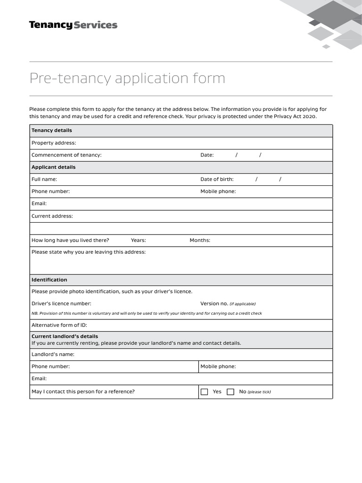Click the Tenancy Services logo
coord(73,25)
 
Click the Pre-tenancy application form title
coord(127,78)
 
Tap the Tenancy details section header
coord(52,131)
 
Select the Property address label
coord(54,143)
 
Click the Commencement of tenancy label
coord(66,155)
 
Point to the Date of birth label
coord(217,179)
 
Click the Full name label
coord(44,179)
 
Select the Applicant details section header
coord(53,167)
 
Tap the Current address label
coord(52,216)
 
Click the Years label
coord(138,241)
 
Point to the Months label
coord(200,241)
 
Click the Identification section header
coord(49,280)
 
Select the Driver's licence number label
coord(61,304)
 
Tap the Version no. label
coord(214,304)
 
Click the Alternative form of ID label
coord(59,325)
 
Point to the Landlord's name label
coord(53,354)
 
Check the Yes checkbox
coord(205,392)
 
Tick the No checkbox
coord(230,392)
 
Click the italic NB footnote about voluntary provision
coord(147,314)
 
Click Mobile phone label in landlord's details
coord(218,366)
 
